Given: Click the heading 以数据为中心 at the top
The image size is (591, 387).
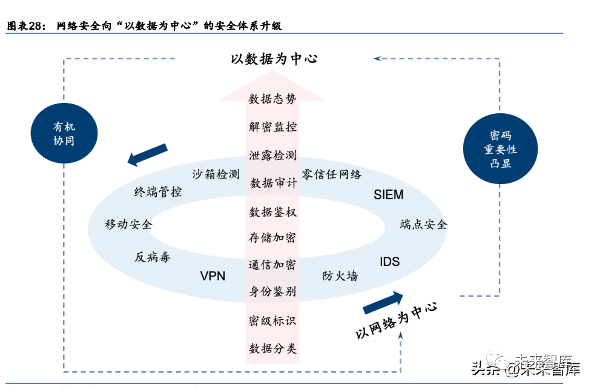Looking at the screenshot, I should coord(274,59).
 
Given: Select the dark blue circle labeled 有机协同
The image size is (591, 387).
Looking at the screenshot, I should coord(64,134).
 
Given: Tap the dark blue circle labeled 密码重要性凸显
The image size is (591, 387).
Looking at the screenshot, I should coord(500,150).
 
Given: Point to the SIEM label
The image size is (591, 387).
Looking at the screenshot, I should coord(388,195).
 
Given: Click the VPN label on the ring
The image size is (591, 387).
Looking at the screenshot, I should coord(213,276).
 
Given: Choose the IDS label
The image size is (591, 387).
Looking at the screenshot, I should coord(389,262).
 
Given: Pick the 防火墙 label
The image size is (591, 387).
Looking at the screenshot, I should coord(340,276).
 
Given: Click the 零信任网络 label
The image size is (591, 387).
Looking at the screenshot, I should coord(331,174).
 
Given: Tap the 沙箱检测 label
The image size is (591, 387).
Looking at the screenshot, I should coord(216,174).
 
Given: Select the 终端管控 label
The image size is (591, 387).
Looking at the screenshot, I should coord(158,193).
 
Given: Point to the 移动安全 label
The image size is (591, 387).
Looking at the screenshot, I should coord(128,225).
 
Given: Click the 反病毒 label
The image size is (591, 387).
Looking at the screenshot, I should coord(153,257).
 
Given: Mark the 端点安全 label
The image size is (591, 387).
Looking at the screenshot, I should coord(423,225).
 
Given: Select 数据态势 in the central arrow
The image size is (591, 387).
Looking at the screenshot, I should coord(272,99).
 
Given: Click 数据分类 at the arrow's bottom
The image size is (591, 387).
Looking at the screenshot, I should coord(272,349).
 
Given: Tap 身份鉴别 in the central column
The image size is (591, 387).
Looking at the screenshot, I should coord(272,291).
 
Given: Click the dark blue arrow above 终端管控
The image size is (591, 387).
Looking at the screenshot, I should coord(147,154).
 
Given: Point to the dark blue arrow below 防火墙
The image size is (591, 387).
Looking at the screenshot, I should coord(383,302).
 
